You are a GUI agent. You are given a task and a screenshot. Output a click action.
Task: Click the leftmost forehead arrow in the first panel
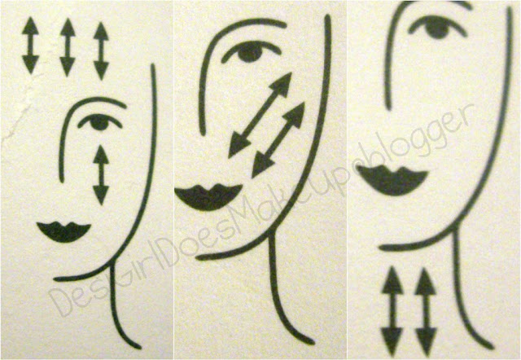pos(31,46)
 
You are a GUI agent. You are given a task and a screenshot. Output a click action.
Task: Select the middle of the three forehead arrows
pos(68,47)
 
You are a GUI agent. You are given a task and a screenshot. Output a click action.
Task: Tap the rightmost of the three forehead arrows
pos(101,50)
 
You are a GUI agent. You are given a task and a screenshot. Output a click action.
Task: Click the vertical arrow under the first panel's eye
pos(101,175)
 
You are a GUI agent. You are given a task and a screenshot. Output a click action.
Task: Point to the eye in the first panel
pos(99,121)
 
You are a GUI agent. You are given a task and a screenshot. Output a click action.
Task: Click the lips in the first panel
pos(63,231)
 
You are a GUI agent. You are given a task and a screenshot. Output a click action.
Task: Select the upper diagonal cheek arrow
pos(260,115)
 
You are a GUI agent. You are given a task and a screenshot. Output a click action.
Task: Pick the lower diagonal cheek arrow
pos(278,140)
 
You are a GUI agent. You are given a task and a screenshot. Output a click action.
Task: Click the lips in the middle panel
pos(208,197)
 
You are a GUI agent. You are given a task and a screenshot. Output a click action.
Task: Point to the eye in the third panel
pos(437,27)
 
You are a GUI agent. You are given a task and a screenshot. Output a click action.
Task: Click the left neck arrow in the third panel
pos(392,311)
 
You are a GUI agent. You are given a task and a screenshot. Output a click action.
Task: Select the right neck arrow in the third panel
pos(426,311)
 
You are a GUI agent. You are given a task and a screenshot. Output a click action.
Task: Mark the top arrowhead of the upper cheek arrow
pos(282,82)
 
